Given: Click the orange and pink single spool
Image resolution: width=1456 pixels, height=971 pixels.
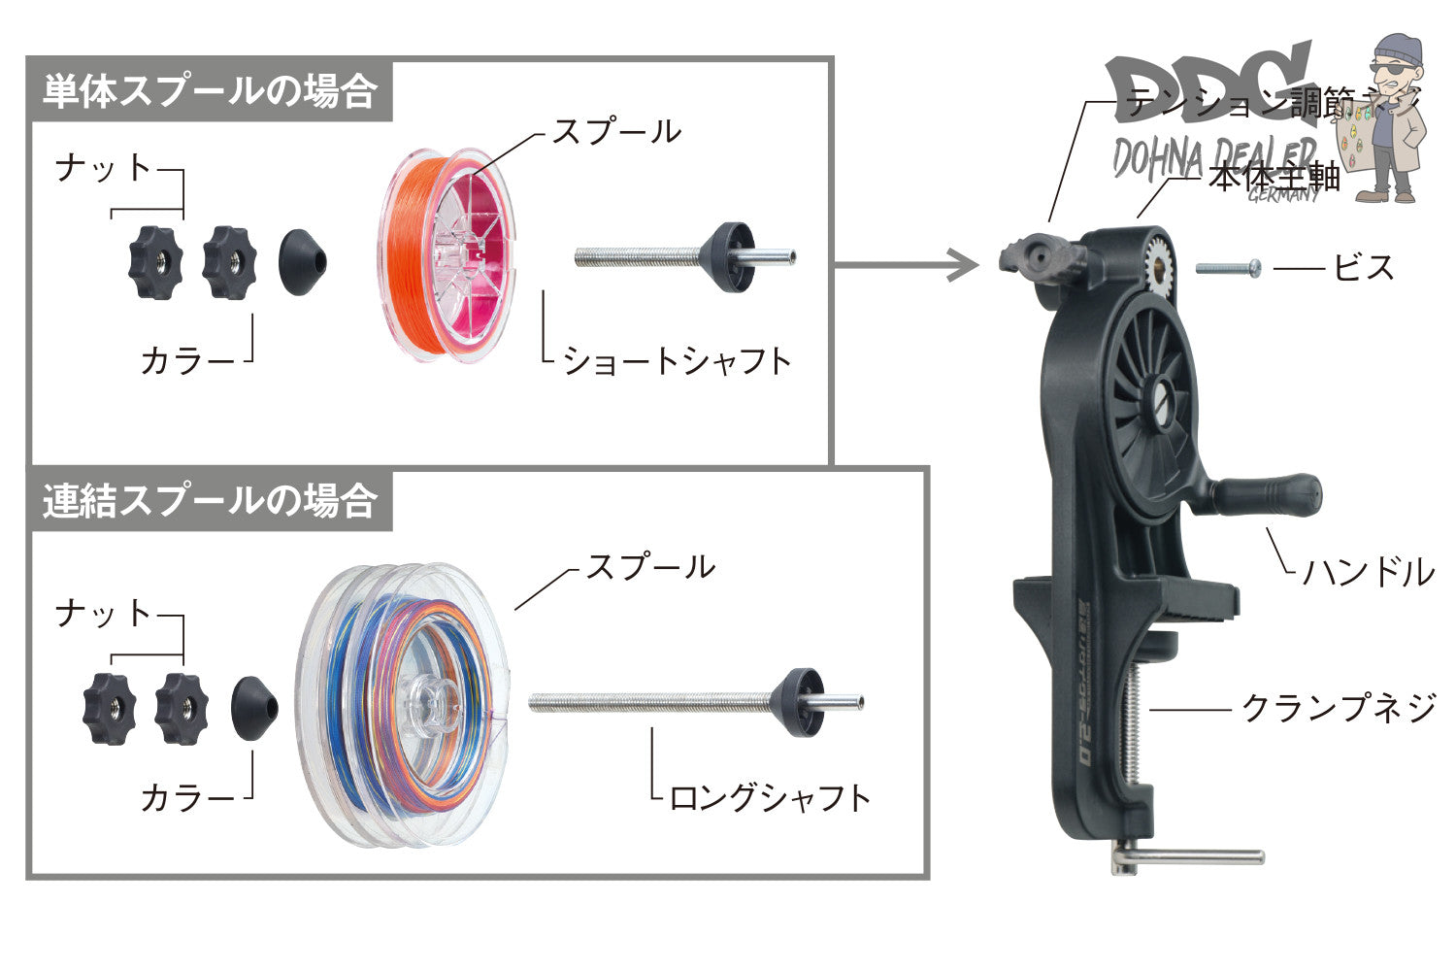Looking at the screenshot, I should pyautogui.click(x=447, y=255).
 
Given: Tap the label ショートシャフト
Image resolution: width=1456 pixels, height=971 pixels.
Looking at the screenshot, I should pyautogui.click(x=678, y=361).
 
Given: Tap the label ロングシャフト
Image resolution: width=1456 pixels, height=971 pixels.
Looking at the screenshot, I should pyautogui.click(x=770, y=798).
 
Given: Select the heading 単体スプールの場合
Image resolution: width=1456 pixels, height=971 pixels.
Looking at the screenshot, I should pyautogui.click(x=210, y=92).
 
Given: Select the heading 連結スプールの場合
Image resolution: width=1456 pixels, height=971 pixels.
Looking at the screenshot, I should pyautogui.click(x=210, y=502).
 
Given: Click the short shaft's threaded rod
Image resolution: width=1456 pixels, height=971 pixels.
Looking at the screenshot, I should pyautogui.click(x=636, y=257).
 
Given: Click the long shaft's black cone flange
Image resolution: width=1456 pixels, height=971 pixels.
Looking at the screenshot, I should pyautogui.click(x=801, y=701).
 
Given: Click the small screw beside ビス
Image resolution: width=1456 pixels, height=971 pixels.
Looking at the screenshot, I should pyautogui.click(x=1228, y=267).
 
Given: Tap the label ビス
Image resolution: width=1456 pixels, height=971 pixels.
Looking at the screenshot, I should pyautogui.click(x=1363, y=267).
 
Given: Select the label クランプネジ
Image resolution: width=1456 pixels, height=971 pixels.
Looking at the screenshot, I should pyautogui.click(x=1340, y=708).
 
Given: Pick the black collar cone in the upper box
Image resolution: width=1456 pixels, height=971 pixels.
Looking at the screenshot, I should pyautogui.click(x=303, y=262).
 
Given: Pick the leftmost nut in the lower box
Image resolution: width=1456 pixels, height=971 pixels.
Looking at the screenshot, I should pyautogui.click(x=109, y=709).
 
